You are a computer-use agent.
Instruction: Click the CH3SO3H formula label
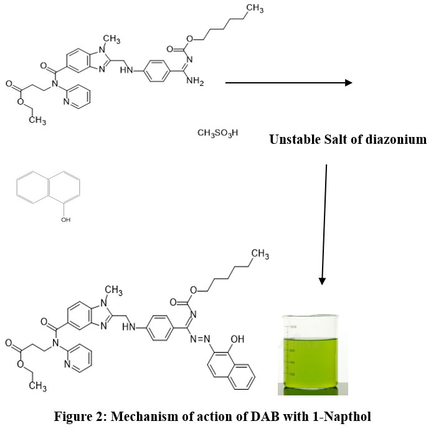217,133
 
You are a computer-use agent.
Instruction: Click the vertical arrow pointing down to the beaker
324,224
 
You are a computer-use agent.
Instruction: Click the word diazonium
396,139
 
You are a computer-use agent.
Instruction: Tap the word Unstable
293,139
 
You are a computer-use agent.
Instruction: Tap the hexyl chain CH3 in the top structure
254,8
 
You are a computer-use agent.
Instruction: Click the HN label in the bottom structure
130,326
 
